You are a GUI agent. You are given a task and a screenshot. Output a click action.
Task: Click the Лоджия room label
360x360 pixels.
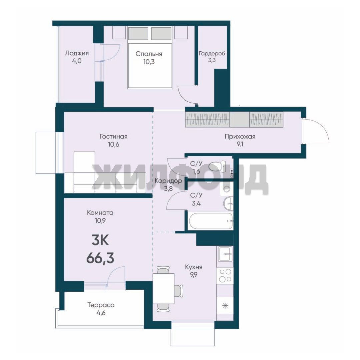click(x=77, y=53)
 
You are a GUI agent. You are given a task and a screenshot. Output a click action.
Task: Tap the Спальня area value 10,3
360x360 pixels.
click(x=149, y=62)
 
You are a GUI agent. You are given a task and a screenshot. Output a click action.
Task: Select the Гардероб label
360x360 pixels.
click(x=212, y=54)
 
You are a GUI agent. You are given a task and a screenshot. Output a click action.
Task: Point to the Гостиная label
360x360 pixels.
click(x=113, y=137)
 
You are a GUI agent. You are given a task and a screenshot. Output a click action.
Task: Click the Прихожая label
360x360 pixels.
click(x=240, y=137)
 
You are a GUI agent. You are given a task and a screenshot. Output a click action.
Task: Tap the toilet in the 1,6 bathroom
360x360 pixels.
click(x=218, y=166)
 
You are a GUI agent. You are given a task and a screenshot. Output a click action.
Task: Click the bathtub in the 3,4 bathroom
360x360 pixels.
click(x=211, y=221)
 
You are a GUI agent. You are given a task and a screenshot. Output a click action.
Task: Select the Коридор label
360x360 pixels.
click(x=168, y=181)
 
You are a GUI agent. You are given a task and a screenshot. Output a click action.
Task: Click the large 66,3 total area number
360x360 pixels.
click(x=100, y=259)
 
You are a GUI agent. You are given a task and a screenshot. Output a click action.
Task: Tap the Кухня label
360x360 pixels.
click(x=194, y=267)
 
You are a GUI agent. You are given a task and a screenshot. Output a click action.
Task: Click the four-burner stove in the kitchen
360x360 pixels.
click(x=225, y=276)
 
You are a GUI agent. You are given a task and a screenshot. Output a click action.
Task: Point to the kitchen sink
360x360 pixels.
click(x=225, y=254)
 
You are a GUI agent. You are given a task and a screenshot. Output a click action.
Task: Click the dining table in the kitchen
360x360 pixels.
click(x=163, y=288)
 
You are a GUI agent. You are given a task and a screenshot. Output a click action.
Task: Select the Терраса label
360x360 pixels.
click(x=101, y=305)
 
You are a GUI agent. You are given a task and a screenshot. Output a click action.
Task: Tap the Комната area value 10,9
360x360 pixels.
click(x=100, y=221)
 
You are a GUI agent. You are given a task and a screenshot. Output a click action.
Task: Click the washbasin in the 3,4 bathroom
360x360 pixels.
click(x=228, y=203)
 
